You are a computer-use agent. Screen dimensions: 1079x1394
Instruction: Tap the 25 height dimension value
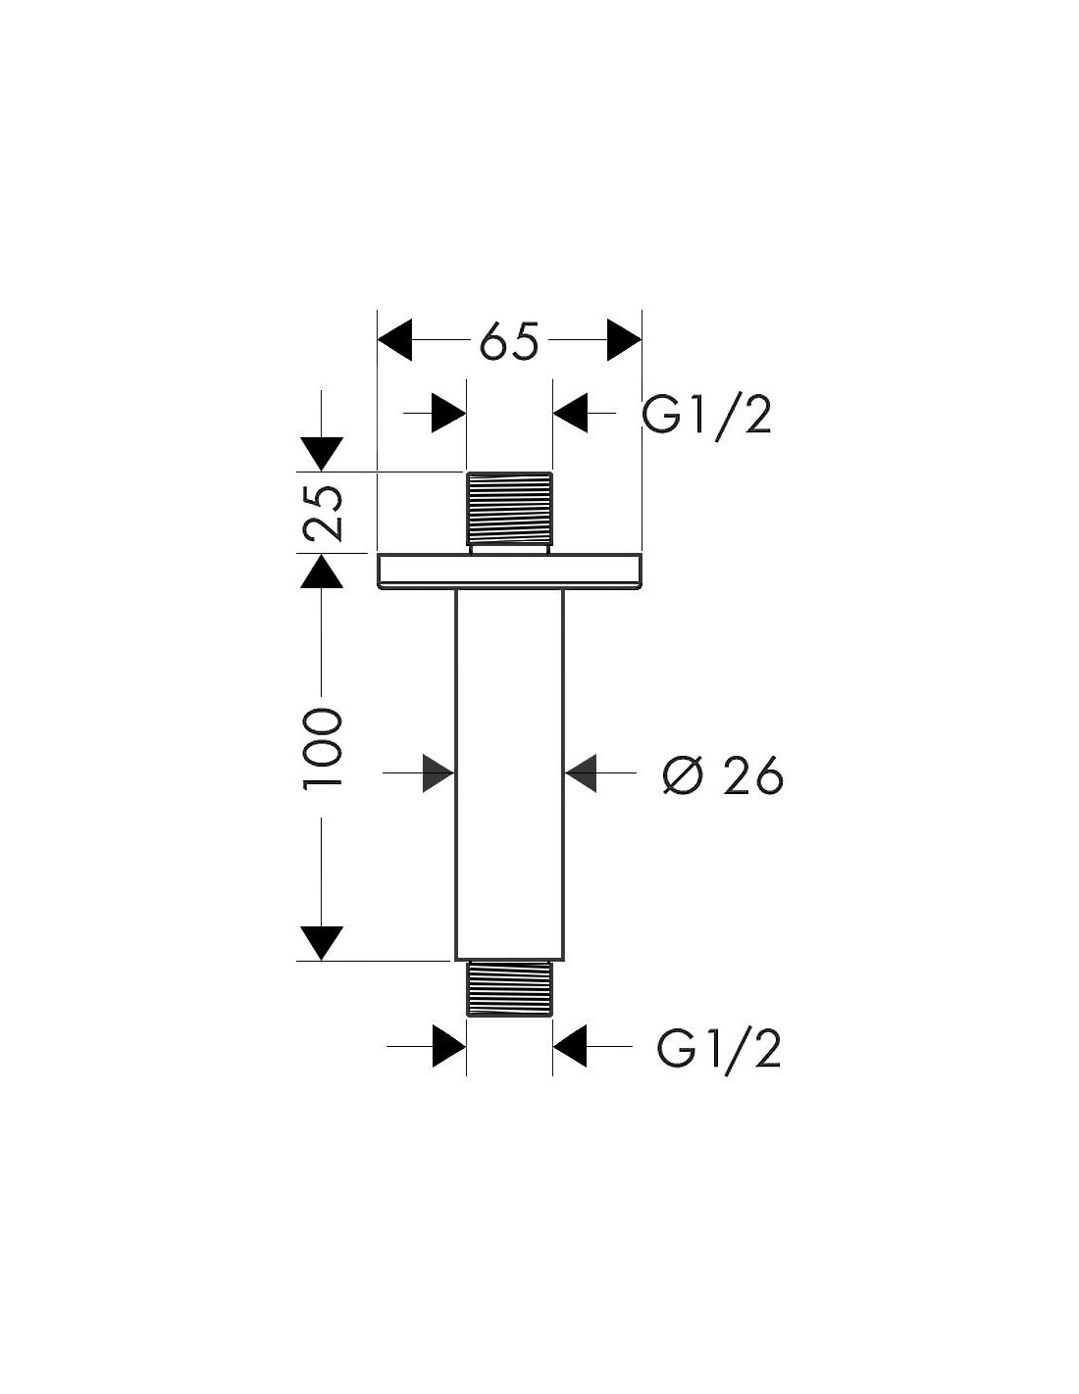[322, 513]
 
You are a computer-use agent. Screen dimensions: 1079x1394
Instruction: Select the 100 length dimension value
[322, 748]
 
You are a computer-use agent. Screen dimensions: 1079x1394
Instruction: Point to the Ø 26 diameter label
[723, 775]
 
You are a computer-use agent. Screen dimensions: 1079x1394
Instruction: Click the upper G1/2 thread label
[706, 416]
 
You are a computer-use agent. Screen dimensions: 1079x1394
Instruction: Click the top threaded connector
[509, 512]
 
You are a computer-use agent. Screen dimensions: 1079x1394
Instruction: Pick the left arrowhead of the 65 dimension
[394, 339]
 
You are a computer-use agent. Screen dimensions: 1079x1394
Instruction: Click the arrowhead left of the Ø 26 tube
[438, 773]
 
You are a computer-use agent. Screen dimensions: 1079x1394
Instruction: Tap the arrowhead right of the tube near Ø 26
[581, 773]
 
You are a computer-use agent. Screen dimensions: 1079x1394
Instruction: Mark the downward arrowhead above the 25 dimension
[322, 454]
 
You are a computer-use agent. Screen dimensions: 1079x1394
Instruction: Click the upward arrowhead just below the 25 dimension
[321, 571]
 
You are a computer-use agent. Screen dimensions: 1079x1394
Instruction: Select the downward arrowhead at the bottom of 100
[321, 944]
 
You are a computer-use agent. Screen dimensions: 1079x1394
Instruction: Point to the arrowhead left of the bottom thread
[449, 1046]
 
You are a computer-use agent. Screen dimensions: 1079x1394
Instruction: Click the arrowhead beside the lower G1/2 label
[569, 1046]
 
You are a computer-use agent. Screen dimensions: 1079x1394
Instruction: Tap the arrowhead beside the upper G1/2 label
[570, 413]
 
